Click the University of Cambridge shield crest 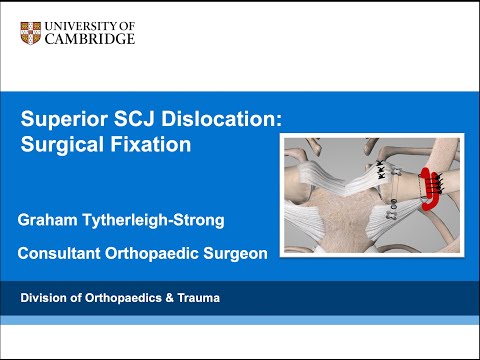pos(31,32)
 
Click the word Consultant pos(61,254)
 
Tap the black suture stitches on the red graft pos(412,182)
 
